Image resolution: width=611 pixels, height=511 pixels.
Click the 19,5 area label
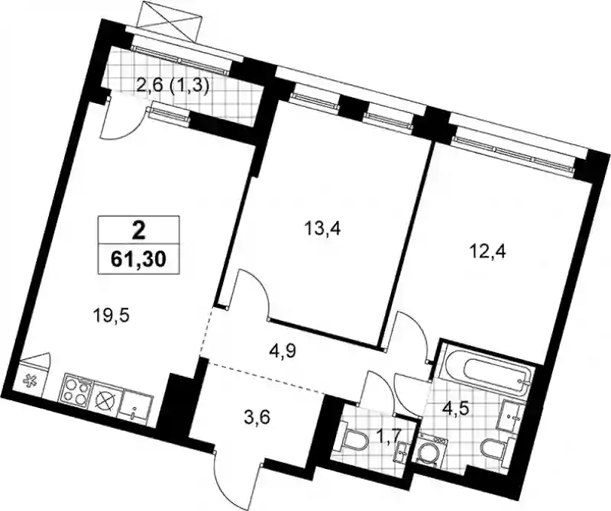(111, 314)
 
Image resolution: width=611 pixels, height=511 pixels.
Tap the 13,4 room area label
(322, 228)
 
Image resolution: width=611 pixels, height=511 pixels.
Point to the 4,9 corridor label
(283, 351)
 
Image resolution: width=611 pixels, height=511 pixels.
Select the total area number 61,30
(139, 259)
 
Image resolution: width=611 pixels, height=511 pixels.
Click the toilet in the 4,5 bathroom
(496, 449)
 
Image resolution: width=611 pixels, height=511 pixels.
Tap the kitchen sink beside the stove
(137, 406)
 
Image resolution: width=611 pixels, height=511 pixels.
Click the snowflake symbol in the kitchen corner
(29, 380)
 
